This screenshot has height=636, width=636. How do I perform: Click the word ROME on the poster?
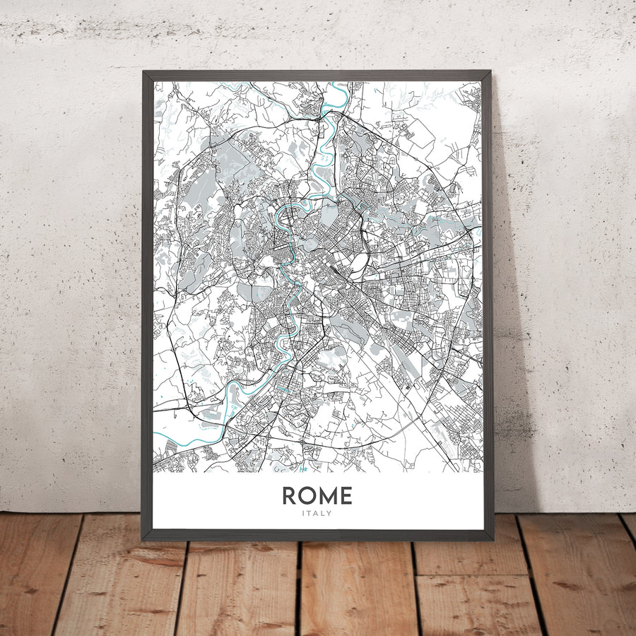(317, 495)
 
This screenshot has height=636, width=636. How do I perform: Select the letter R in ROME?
(290, 495)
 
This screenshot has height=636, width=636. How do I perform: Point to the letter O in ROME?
(307, 495)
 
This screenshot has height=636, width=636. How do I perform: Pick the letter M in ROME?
(327, 495)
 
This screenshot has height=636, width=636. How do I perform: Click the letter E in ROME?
(345, 495)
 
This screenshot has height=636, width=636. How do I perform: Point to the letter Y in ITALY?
(329, 514)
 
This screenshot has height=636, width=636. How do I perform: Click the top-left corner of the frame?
(143, 71)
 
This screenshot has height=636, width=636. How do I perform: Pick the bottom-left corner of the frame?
(143, 541)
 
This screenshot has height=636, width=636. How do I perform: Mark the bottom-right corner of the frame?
(493, 540)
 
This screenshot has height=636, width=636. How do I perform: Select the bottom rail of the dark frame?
(318, 535)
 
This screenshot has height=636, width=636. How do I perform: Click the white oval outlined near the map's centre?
(359, 262)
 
